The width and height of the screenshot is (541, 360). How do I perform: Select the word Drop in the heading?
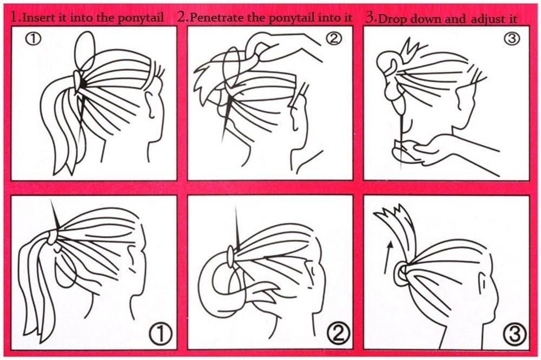[391, 18]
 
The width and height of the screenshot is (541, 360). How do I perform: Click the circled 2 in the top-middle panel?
[334, 38]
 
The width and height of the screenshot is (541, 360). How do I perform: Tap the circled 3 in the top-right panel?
[512, 38]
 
